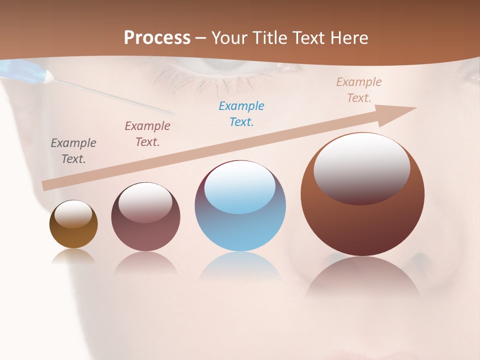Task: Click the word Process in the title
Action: (157, 38)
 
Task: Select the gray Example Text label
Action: (73, 151)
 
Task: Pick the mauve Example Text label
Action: (147, 134)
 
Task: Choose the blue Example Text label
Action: (241, 114)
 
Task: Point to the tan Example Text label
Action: (359, 90)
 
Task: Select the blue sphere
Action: (240, 230)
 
